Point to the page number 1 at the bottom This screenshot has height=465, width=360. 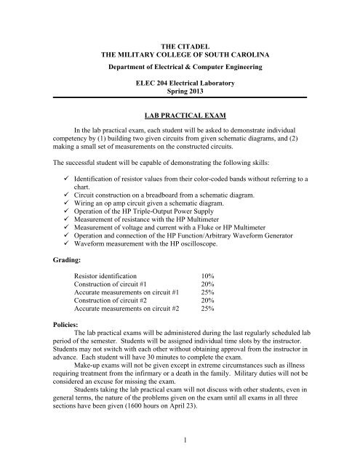coord(180,451)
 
